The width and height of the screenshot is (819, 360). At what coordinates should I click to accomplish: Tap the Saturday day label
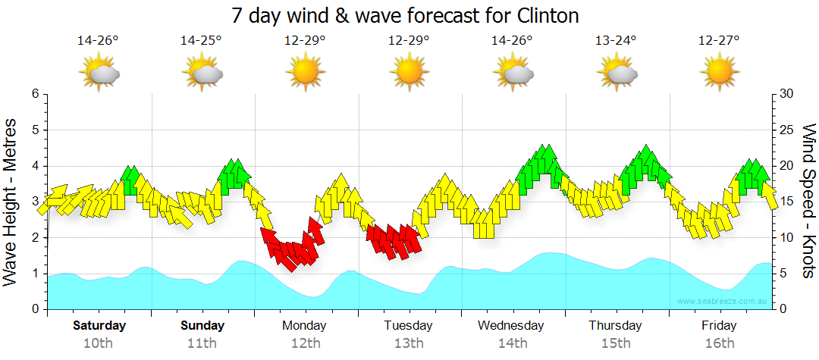coord(99,326)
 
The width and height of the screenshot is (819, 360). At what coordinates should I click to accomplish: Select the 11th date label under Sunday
coord(202,343)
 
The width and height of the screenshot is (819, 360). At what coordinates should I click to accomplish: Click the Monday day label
coord(304,326)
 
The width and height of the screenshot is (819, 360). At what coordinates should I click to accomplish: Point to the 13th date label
coord(409,343)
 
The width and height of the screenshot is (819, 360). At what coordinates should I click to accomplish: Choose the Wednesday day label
coord(511,326)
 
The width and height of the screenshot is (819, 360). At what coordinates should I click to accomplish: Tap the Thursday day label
coord(615,326)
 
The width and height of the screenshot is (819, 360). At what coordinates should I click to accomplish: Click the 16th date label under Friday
coord(719,343)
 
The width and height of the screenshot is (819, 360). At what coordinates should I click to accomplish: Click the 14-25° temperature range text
coord(201,41)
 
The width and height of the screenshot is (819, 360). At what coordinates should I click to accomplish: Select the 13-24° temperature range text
coord(616,41)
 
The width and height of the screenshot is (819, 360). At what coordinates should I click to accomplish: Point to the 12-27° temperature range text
coord(719,41)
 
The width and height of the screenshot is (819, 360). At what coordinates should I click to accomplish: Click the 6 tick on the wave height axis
coord(35,94)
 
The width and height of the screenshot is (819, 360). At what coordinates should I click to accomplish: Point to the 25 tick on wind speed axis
coord(786,130)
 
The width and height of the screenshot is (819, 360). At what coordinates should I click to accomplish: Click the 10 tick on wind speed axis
coord(786,238)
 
